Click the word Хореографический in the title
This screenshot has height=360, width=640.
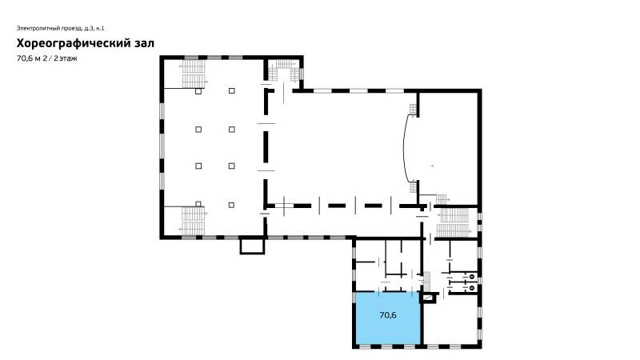(74, 44)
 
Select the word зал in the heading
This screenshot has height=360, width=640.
(145, 44)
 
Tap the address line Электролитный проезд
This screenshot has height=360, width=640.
(50, 28)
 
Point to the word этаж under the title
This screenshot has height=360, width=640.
(68, 58)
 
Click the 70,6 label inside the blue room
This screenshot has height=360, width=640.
(388, 315)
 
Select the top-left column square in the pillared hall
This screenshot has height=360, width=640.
(198, 91)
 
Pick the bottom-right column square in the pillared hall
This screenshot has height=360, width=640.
(231, 205)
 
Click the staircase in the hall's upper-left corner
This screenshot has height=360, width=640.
(193, 74)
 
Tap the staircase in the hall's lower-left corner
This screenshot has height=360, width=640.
(193, 221)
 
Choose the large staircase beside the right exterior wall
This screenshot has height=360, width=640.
(453, 222)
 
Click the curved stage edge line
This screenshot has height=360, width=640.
(404, 148)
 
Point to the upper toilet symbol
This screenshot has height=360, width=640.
(471, 277)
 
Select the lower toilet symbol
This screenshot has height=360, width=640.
(471, 287)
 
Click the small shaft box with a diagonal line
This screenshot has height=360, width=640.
(428, 298)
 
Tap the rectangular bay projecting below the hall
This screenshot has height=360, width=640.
(252, 246)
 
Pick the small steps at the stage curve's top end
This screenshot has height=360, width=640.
(413, 110)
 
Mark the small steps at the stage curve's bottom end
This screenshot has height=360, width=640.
(413, 187)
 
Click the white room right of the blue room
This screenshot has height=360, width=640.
(450, 319)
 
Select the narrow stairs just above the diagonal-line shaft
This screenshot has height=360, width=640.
(427, 282)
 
